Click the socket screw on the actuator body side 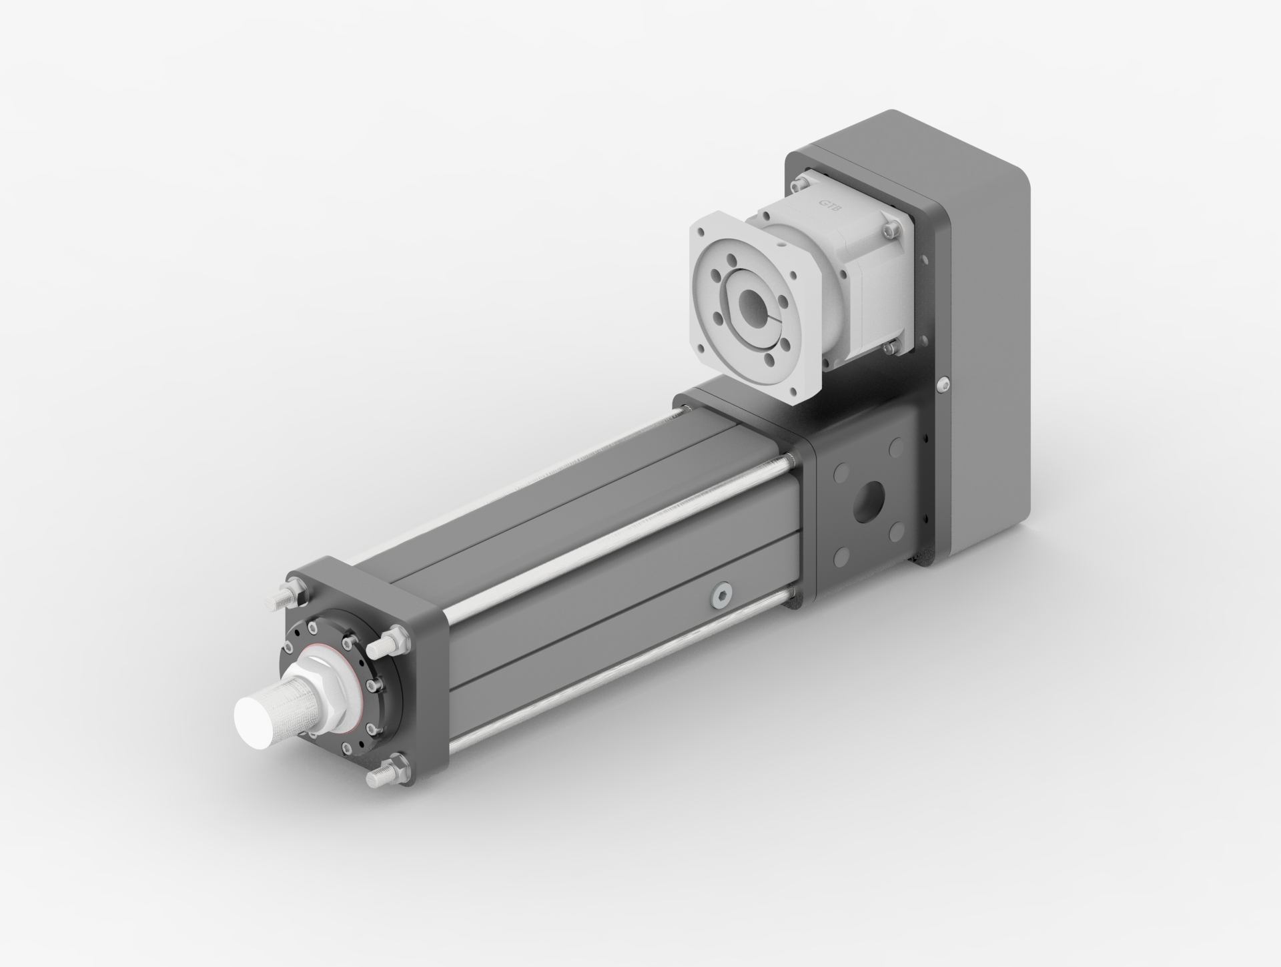point(720,595)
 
